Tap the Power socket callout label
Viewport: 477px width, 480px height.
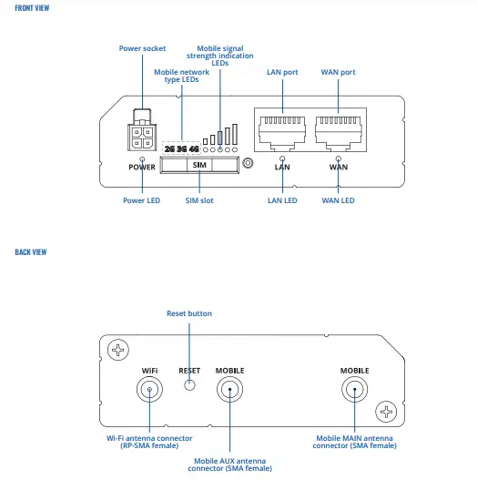143,48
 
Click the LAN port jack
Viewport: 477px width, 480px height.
283,132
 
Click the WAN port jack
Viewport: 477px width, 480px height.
339,132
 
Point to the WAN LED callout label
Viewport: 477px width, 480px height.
338,199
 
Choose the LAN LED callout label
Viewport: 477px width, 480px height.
282,199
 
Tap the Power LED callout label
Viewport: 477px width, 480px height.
141,199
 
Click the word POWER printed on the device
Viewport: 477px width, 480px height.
141,168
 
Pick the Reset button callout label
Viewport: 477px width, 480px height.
188,313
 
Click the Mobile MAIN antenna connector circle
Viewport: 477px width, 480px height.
354,390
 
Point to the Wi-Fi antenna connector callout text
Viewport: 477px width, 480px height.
149,442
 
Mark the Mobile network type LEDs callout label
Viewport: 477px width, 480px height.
181,76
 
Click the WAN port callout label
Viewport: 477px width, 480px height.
338,72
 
